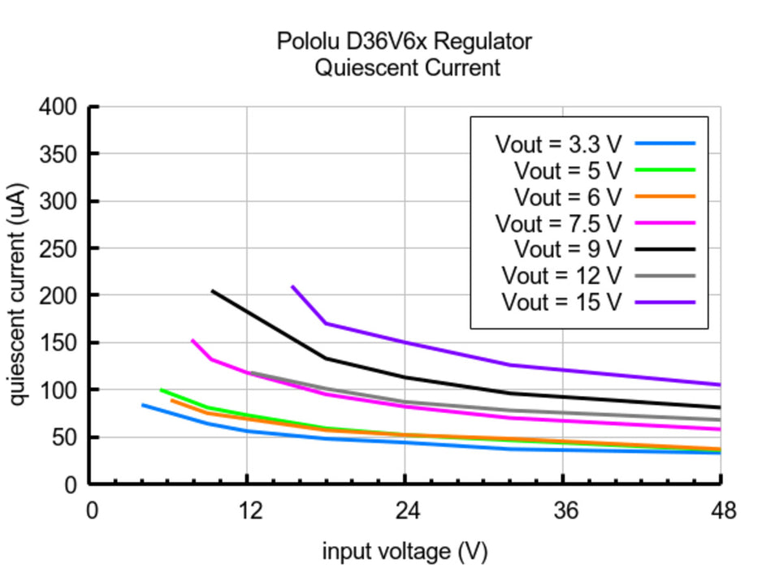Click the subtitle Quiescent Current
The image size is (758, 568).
tap(407, 67)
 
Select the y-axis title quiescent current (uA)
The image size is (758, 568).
tap(17, 295)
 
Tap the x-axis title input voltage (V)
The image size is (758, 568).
tap(405, 552)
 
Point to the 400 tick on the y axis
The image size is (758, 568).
tap(58, 107)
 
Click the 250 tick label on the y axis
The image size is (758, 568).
tap(58, 248)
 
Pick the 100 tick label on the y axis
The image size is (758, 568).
tap(58, 390)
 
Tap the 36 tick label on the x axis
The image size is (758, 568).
tap(563, 511)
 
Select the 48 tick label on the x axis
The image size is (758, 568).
tap(721, 511)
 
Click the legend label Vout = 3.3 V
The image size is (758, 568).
tap(558, 144)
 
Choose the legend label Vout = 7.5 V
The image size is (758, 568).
tap(558, 223)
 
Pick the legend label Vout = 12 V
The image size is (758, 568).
tap(561, 276)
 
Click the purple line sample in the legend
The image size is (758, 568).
tap(665, 302)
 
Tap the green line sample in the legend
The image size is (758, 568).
tap(665, 170)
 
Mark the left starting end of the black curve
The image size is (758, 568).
tap(212, 290)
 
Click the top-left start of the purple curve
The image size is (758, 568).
tap(292, 286)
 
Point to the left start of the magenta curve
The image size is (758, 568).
tap(193, 341)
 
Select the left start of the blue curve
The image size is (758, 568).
tap(143, 405)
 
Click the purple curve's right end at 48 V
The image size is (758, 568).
tap(720, 385)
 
